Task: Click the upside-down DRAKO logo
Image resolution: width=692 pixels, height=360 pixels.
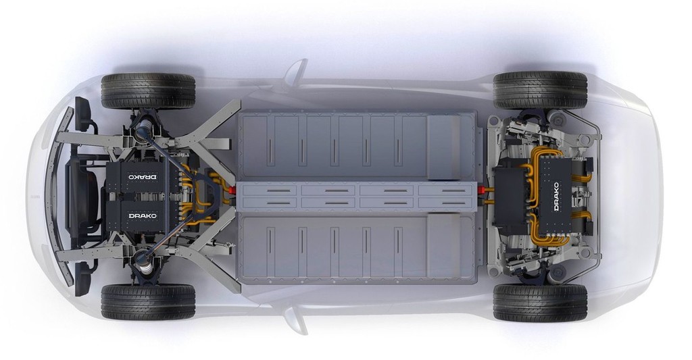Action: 143,176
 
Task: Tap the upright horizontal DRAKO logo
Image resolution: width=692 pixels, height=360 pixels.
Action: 143,216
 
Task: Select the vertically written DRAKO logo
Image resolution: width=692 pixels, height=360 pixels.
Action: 556,197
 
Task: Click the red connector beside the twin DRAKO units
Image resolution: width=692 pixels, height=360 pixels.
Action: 231,189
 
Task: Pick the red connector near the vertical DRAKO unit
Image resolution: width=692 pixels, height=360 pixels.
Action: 483,190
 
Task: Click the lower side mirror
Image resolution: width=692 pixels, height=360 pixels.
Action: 297,321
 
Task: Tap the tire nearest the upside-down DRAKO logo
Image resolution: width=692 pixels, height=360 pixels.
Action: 148,91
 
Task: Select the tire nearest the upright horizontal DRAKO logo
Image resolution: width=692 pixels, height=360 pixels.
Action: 148,302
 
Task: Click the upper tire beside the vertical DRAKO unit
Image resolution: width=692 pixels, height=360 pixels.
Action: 540,91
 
